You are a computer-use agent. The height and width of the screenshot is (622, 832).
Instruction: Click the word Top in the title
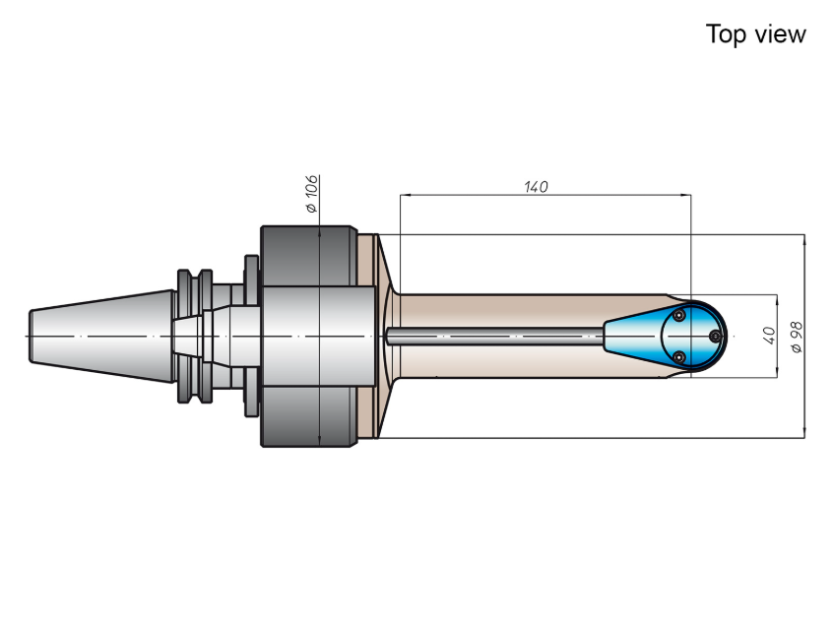726,35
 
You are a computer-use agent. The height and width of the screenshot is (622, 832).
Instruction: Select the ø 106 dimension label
311,194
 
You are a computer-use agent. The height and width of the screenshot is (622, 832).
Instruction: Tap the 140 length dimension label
536,187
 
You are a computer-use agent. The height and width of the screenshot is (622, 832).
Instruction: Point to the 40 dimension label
769,336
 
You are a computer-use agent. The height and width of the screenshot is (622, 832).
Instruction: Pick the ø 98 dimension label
797,337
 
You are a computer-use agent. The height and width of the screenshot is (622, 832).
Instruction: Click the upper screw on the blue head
679,316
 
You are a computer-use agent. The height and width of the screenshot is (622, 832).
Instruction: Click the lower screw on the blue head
678,357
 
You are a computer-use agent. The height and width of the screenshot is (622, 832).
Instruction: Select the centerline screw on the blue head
715,337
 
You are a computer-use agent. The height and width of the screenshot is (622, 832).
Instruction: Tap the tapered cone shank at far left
101,337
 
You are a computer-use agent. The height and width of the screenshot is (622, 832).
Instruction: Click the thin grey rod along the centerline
494,337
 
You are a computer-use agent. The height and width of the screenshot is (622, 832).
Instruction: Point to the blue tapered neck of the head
632,337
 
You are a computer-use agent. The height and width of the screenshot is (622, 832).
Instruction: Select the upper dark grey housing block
309,256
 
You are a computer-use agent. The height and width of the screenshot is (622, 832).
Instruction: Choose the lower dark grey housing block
309,416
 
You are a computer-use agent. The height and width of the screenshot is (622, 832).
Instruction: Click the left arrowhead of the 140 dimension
405,195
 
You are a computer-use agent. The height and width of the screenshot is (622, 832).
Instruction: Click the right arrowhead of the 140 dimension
686,195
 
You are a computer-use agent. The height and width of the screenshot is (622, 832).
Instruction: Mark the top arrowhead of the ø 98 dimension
804,239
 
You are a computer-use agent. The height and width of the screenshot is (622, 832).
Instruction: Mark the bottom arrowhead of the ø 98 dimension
804,433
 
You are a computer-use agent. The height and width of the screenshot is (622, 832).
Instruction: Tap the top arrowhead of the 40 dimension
777,299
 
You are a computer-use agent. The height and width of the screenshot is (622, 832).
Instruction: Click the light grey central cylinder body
318,337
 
